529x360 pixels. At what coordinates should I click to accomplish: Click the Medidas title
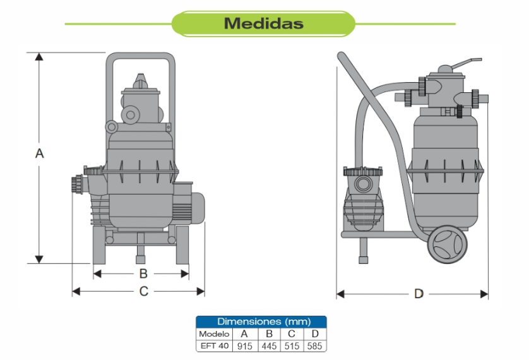coord(263,24)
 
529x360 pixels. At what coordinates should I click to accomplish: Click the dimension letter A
coord(39,153)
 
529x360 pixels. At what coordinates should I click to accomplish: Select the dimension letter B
coord(143,273)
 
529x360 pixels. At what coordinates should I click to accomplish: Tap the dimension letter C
coord(143,291)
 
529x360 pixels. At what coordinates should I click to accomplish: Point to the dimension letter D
coord(419,294)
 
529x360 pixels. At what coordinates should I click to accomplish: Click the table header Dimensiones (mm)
coord(261,321)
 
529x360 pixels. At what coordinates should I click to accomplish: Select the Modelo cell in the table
coord(214,333)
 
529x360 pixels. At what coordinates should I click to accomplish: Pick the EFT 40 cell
coord(214,345)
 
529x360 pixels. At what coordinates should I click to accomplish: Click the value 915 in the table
coord(244,346)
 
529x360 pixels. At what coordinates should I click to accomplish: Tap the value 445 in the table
coord(268,346)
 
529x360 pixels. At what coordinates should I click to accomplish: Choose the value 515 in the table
coord(292,346)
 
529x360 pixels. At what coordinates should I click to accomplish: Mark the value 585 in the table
coord(314,346)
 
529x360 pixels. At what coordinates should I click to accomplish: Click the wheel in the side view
coord(446,243)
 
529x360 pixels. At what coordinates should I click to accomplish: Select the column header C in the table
coord(292,333)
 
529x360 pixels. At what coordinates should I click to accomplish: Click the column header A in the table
coord(244,333)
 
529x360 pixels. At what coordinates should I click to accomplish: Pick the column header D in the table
coord(314,333)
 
